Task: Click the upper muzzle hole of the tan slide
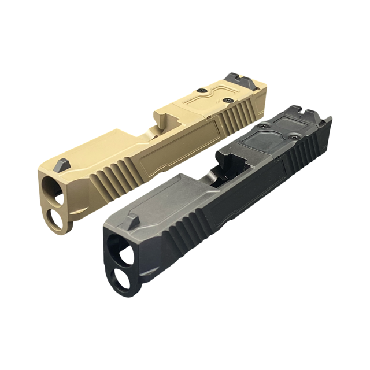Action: (x=51, y=188)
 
